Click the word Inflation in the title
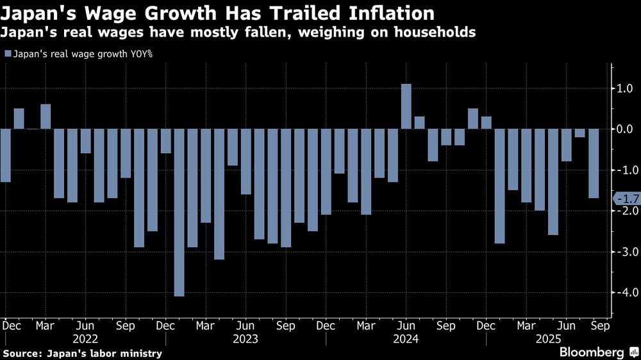[378, 13]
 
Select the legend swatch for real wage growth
[8, 54]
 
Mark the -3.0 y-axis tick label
[624, 252]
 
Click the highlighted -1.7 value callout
[625, 199]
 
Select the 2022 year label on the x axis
[85, 338]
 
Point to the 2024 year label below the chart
[406, 338]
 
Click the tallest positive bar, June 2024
[406, 106]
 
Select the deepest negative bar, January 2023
[179, 212]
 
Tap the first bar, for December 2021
[5, 156]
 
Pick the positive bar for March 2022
[46, 117]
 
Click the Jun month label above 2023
[246, 325]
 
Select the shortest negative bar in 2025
[579, 133]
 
